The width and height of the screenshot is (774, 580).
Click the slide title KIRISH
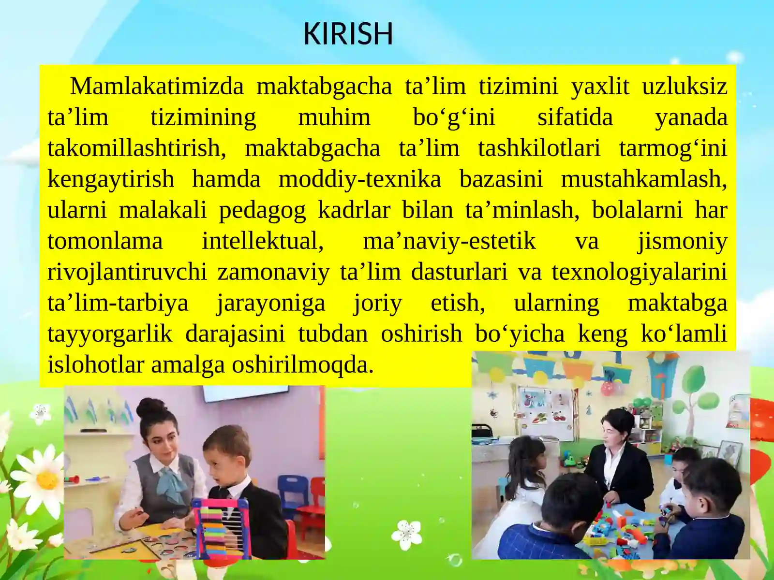348,34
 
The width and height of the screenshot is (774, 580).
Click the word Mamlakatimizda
157,87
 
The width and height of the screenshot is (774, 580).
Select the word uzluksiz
684,87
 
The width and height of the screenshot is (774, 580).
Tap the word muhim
334,118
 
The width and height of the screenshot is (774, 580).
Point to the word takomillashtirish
136,148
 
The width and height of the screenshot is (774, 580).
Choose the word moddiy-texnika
359,179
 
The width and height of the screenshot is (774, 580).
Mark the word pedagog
262,211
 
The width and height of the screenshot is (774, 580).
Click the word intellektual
262,241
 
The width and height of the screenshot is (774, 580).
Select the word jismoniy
682,241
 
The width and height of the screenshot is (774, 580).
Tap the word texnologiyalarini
639,272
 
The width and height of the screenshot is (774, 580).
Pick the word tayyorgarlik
110,334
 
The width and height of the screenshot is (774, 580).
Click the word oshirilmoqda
302,365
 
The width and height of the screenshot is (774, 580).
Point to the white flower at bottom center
406,534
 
